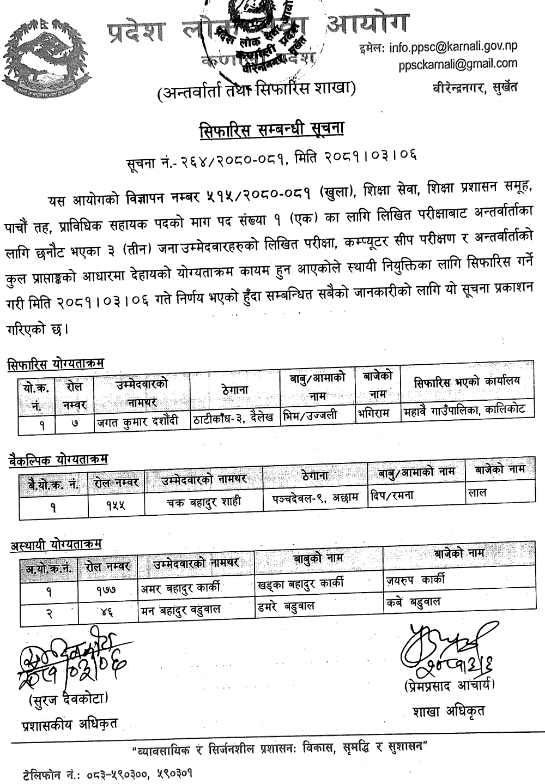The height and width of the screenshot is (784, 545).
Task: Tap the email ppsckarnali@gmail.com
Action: (458, 64)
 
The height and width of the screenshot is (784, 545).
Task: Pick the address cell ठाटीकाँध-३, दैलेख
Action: (234, 419)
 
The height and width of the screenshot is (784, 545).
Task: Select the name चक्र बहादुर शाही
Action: (203, 502)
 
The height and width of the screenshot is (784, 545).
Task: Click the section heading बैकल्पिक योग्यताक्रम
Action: (58, 460)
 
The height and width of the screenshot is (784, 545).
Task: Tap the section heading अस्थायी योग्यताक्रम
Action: (56, 545)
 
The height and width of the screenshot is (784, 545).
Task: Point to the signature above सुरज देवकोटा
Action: (71, 660)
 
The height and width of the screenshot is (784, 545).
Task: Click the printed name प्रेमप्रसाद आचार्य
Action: (450, 685)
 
